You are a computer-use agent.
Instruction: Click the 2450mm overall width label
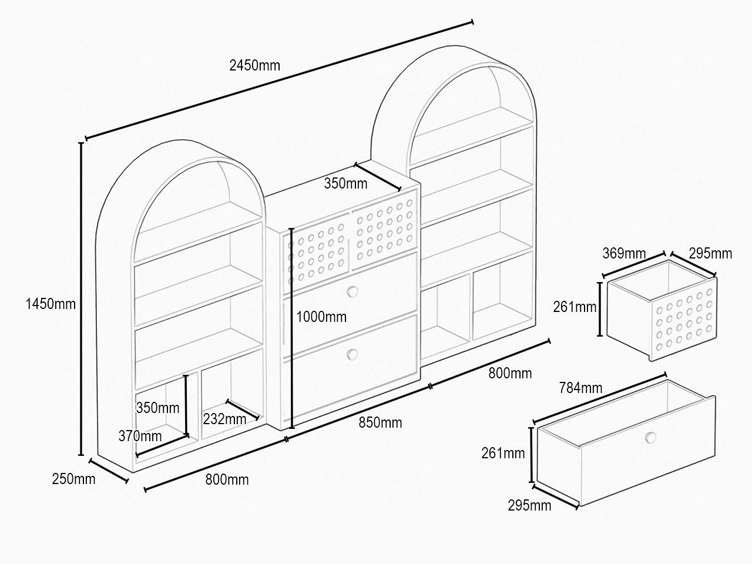pos(254,65)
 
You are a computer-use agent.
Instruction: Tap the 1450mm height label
pos(51,304)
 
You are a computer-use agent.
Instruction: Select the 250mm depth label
pos(73,479)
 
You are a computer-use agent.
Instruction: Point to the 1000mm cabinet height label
pos(321,317)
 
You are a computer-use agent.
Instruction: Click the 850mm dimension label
pos(380,422)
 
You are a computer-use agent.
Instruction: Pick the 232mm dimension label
pos(224,419)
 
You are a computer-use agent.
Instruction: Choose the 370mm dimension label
pos(140,436)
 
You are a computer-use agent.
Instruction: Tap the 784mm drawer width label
pos(580,388)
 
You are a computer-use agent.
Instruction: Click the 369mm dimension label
pos(624,253)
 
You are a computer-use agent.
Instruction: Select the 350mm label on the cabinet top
pos(345,183)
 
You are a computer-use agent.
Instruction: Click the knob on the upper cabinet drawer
pos(352,292)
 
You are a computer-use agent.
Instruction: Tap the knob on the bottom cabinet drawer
pos(352,354)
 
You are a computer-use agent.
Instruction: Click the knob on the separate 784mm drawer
pos(650,438)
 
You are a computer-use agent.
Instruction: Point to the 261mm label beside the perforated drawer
pos(575,307)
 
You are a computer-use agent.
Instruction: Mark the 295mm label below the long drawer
pos(529,505)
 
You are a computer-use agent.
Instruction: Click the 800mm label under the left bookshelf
pos(227,479)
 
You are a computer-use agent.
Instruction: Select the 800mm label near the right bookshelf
pos(510,373)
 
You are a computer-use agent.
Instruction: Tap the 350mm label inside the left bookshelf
pos(157,408)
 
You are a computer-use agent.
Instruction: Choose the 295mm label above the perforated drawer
pos(710,253)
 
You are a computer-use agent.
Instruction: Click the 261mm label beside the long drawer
pos(503,453)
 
